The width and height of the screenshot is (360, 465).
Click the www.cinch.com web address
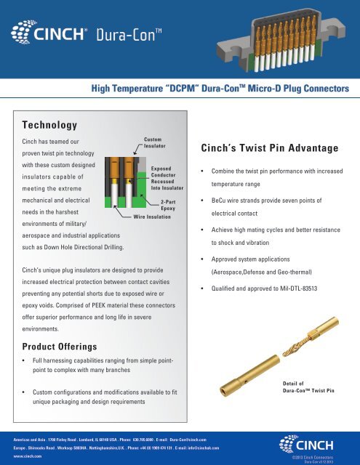click(19, 456)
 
